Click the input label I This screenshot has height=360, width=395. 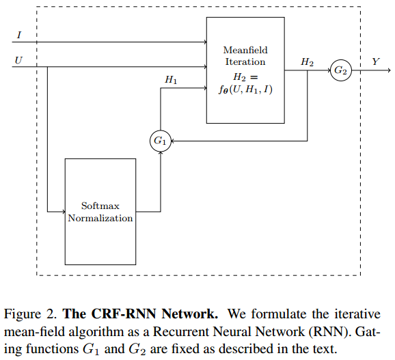click(x=19, y=33)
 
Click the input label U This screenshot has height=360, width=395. click(x=19, y=59)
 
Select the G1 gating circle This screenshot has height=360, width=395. click(x=160, y=140)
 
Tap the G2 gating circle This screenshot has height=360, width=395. click(x=340, y=70)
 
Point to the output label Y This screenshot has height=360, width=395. click(x=376, y=61)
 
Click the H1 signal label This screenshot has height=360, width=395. click(x=171, y=80)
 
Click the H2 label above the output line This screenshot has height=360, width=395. click(x=308, y=61)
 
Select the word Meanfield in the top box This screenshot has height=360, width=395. click(x=245, y=50)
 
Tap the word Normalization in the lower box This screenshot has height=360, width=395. click(x=99, y=218)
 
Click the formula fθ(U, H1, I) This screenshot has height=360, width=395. click(x=245, y=89)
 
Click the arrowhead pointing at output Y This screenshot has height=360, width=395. click(x=387, y=70)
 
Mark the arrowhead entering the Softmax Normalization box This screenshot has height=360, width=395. click(x=62, y=212)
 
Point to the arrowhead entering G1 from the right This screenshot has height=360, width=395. click(x=172, y=141)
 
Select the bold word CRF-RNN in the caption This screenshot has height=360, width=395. click(x=111, y=316)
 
